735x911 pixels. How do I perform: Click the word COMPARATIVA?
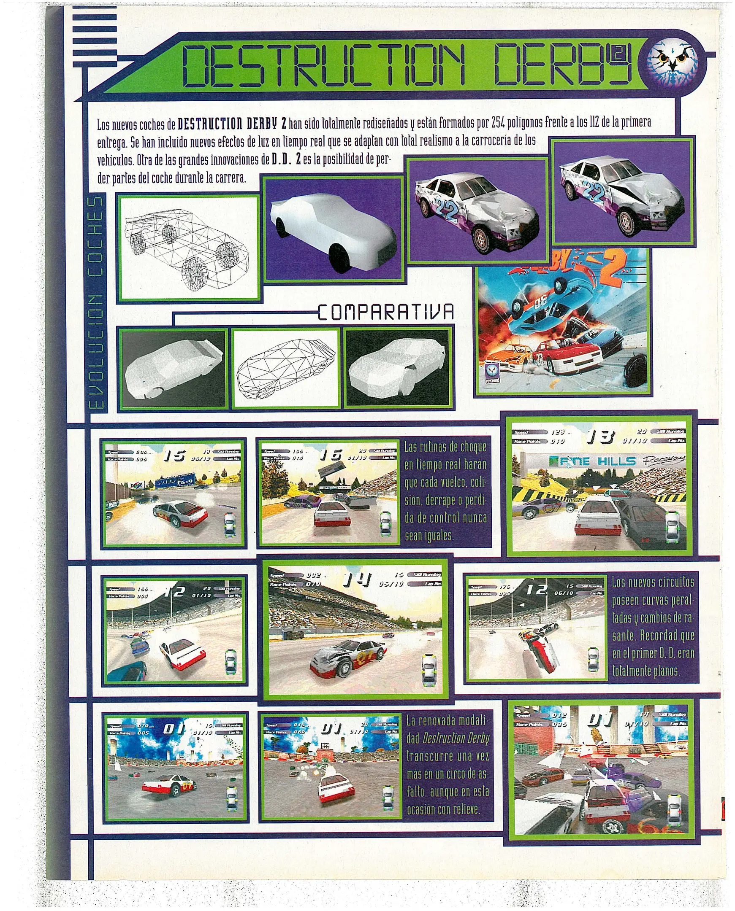[386, 313]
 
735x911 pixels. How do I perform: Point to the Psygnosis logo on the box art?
[492, 374]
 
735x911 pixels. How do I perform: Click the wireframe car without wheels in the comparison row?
[285, 368]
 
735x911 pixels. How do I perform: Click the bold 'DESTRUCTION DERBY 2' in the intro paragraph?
[232, 124]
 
